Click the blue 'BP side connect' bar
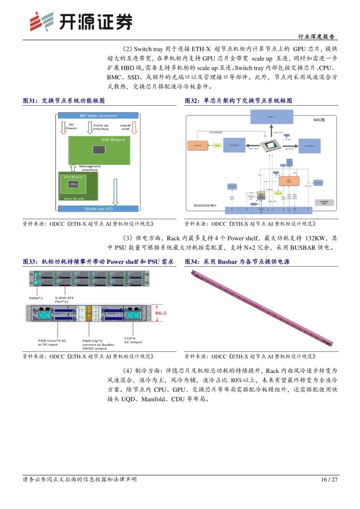click(98, 116)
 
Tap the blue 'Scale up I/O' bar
click(98, 209)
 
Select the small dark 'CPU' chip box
click(73, 184)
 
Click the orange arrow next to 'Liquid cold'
click(134, 127)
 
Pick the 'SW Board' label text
click(113, 140)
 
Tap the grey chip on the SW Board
click(99, 150)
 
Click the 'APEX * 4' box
click(272, 117)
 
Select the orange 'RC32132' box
click(198, 146)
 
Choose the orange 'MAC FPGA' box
click(289, 181)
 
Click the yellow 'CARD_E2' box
click(278, 193)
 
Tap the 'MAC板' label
click(319, 120)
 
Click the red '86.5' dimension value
click(161, 313)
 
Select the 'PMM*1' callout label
click(36, 298)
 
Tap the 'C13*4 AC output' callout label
click(133, 340)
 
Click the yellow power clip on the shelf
click(88, 313)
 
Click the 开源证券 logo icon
click(42, 22)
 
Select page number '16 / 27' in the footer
click(329, 479)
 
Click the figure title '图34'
click(192, 262)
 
